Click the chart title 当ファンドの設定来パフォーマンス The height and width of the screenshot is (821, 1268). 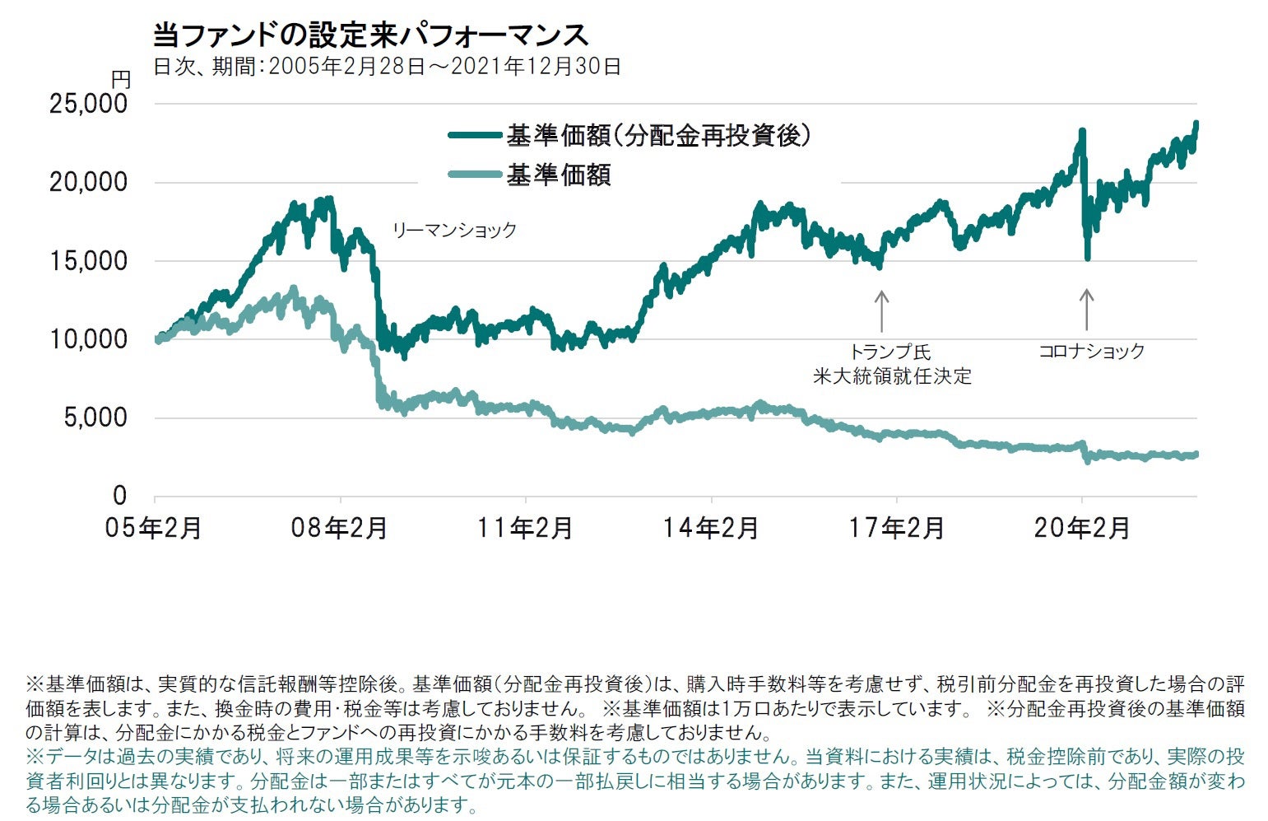point(370,35)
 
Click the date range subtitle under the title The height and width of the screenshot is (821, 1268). point(387,67)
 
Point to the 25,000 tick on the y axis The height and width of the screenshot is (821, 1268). point(89,104)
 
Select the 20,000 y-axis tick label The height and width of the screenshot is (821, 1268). point(89,182)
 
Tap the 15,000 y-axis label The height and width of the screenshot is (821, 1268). point(89,261)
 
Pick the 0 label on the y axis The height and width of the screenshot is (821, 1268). point(120,496)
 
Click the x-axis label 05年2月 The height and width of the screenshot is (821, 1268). point(154,528)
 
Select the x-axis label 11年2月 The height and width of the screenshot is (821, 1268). point(525,528)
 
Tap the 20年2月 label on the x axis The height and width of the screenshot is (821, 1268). point(1082,528)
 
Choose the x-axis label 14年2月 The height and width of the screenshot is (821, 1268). point(711,528)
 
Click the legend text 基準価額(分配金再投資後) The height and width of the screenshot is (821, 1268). point(658,135)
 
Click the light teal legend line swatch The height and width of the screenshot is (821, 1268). point(475,175)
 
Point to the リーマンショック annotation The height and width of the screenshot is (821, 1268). point(454,231)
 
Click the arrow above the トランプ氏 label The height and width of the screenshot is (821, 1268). point(881,311)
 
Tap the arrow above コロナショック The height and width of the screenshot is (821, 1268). point(1086,310)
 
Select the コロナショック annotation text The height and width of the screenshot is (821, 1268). point(1091,352)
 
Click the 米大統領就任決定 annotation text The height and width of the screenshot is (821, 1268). point(893,377)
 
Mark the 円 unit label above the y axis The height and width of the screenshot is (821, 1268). point(121,80)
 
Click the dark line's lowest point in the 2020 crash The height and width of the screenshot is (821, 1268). point(1088,259)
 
